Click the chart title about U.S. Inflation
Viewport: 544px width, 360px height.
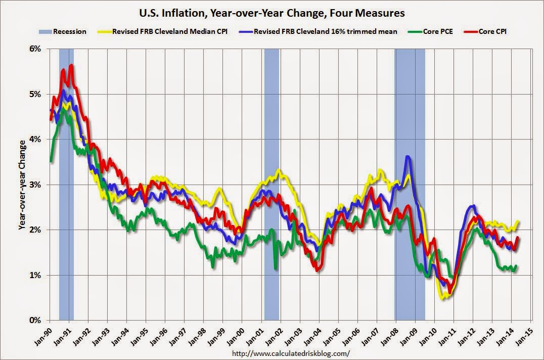click(273, 12)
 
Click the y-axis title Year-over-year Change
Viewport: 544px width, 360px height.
click(22, 185)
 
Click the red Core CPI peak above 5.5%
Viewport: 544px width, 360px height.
click(71, 65)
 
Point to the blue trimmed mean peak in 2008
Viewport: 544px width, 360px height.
click(407, 157)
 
